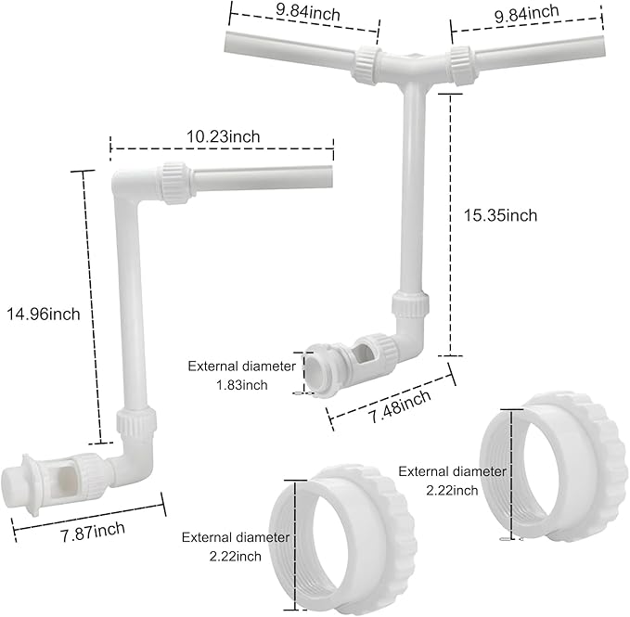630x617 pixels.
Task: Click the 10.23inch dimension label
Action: pyautogui.click(x=223, y=136)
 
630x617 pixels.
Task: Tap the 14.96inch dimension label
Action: pyautogui.click(x=44, y=314)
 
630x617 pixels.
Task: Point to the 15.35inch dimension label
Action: pyautogui.click(x=501, y=215)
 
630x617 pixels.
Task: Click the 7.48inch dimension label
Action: pyautogui.click(x=400, y=406)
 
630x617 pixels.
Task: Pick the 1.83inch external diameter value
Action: pyautogui.click(x=242, y=385)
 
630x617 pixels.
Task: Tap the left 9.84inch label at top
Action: pyautogui.click(x=308, y=12)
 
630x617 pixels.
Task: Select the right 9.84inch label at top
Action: pyautogui.click(x=526, y=14)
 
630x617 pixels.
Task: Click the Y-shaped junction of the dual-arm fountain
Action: pyautogui.click(x=415, y=66)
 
